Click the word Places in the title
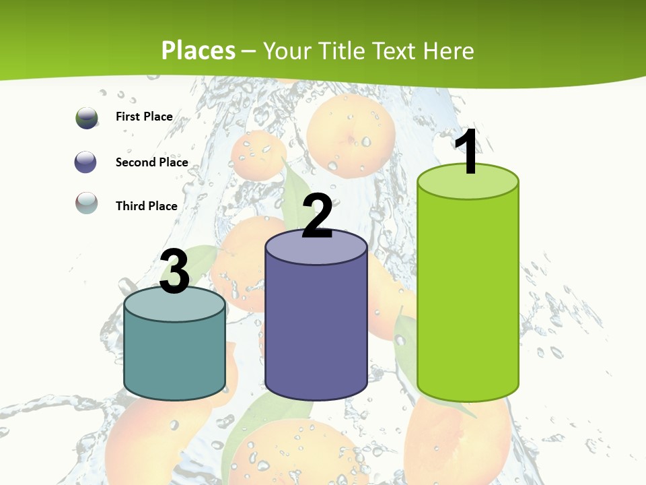pos(199,51)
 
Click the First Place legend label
pos(144,117)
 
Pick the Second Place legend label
pos(151,162)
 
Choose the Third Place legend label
pos(146,206)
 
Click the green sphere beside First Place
pos(87,118)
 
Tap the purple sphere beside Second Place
pos(86,162)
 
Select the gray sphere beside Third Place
pos(87,203)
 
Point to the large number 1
pos(467,152)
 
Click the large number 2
pos(318,216)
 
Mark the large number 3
pos(175,272)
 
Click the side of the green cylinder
pos(468,296)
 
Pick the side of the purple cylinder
pos(316,330)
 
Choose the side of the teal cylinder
pos(175,357)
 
